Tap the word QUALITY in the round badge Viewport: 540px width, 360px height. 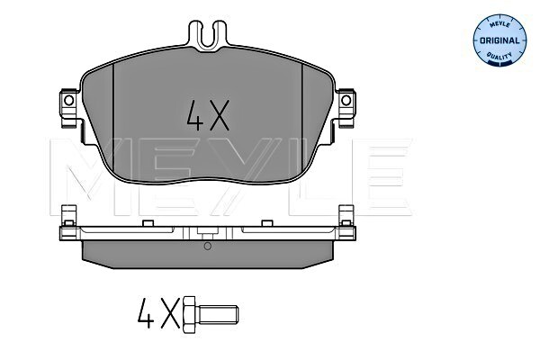click(501, 57)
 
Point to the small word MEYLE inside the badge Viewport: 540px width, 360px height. click(500, 26)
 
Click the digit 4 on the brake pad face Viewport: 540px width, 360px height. click(194, 114)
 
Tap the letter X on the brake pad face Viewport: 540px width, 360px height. click(220, 114)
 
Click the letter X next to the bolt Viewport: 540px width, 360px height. click(169, 315)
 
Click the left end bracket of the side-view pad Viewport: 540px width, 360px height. click(67, 226)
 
